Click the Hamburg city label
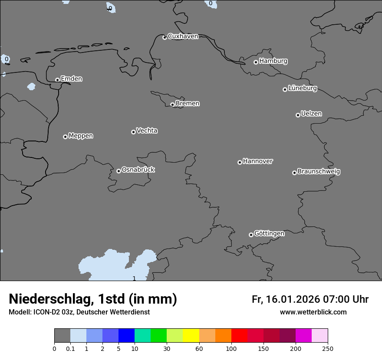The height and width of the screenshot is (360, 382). click(273, 61)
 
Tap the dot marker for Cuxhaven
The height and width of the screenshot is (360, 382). click(165, 37)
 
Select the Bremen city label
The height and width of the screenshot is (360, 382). click(188, 104)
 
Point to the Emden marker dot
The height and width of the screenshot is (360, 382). click(57, 80)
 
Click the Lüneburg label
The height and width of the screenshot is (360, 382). click(303, 88)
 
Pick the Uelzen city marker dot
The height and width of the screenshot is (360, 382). click(298, 115)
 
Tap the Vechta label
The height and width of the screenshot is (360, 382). click(147, 131)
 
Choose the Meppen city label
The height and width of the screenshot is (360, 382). click(81, 136)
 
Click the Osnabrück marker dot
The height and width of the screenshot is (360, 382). click(119, 171)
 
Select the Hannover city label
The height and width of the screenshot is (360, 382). click(258, 161)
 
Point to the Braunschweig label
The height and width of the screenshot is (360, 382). click(319, 172)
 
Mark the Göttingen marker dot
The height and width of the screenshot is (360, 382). click(251, 235)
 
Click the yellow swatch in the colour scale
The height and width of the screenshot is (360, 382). click(191, 336)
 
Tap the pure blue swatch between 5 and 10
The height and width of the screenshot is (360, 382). click(126, 336)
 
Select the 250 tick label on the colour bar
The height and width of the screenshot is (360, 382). click(327, 348)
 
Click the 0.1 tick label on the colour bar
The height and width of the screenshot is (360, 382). click(70, 348)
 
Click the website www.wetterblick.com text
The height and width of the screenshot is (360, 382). click(313, 312)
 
